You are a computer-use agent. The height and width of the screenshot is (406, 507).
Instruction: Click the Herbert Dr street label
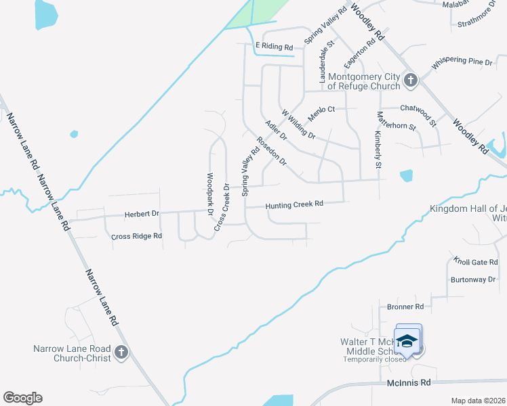pos(141,214)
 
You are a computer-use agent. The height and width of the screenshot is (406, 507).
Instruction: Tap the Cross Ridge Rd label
pos(137,236)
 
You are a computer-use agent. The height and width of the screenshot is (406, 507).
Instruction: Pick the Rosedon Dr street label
pos(271,152)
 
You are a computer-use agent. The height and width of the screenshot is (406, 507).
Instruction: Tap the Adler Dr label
pos(277,130)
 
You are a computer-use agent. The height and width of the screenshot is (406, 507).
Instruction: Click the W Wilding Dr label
pos(298,125)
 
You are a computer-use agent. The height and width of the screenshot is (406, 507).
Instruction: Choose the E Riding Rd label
pos(274,47)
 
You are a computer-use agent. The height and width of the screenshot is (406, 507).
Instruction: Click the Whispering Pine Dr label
pos(462,61)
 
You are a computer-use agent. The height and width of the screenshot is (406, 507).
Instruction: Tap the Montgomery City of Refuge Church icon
pos(409,81)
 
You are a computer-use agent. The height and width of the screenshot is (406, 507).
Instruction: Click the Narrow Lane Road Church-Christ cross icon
pos(121,352)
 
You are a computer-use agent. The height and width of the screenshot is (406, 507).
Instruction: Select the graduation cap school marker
pos(407,340)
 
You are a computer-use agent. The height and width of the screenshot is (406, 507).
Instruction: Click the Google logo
pos(22,397)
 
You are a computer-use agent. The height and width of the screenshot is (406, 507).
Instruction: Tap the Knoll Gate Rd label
pos(476,262)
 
